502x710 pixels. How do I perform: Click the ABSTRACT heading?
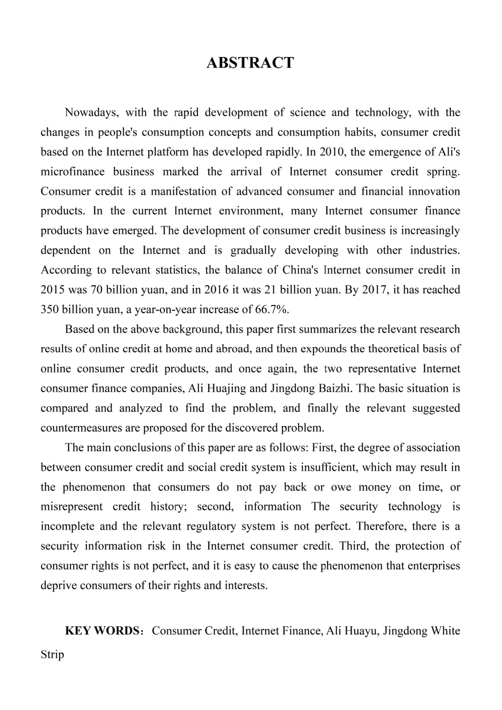250,63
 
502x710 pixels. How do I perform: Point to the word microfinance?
73,171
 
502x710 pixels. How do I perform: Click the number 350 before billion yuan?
49,309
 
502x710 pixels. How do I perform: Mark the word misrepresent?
72,506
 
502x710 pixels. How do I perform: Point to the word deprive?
59,585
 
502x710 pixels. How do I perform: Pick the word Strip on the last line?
52,655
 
